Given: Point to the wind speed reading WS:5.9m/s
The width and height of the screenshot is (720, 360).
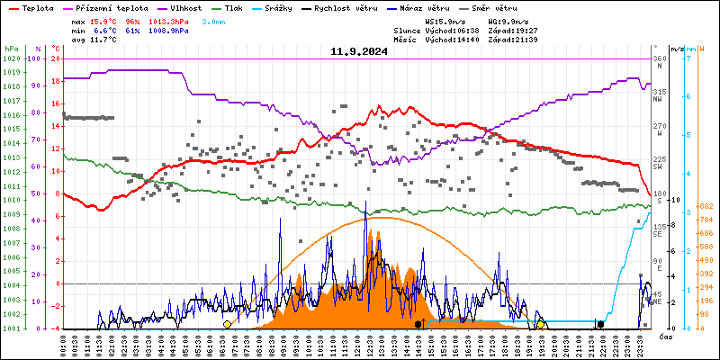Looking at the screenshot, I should tap(446, 20).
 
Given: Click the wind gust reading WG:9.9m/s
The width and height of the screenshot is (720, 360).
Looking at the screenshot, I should tap(508, 20).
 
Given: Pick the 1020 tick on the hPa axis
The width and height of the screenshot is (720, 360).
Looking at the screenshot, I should tap(11, 58).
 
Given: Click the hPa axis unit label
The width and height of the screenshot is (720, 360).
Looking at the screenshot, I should tap(11, 49).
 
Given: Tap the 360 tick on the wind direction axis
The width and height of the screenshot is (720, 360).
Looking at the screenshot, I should tap(659, 58).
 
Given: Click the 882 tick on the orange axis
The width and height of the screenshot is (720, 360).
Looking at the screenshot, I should tap(707, 207).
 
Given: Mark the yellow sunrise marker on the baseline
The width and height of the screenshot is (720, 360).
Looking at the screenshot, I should tap(227, 324).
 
